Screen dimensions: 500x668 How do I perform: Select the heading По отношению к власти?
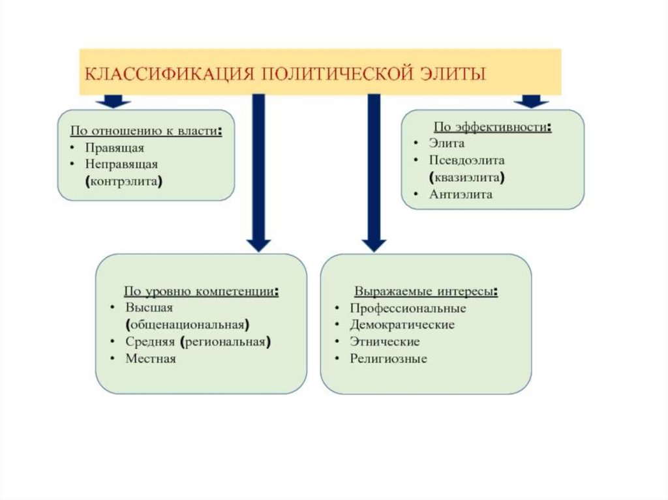click(145, 131)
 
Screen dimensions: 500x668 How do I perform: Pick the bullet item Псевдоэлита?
click(467, 160)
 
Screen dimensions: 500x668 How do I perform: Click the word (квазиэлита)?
click(467, 177)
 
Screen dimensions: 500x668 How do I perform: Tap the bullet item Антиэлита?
click(461, 194)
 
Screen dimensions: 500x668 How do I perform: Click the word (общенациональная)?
click(188, 324)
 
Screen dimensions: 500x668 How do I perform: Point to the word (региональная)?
click(226, 341)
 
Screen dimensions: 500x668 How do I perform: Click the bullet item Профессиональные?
click(408, 308)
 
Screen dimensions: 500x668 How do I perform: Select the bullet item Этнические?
click(385, 342)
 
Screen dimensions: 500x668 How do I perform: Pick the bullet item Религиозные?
click(389, 359)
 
